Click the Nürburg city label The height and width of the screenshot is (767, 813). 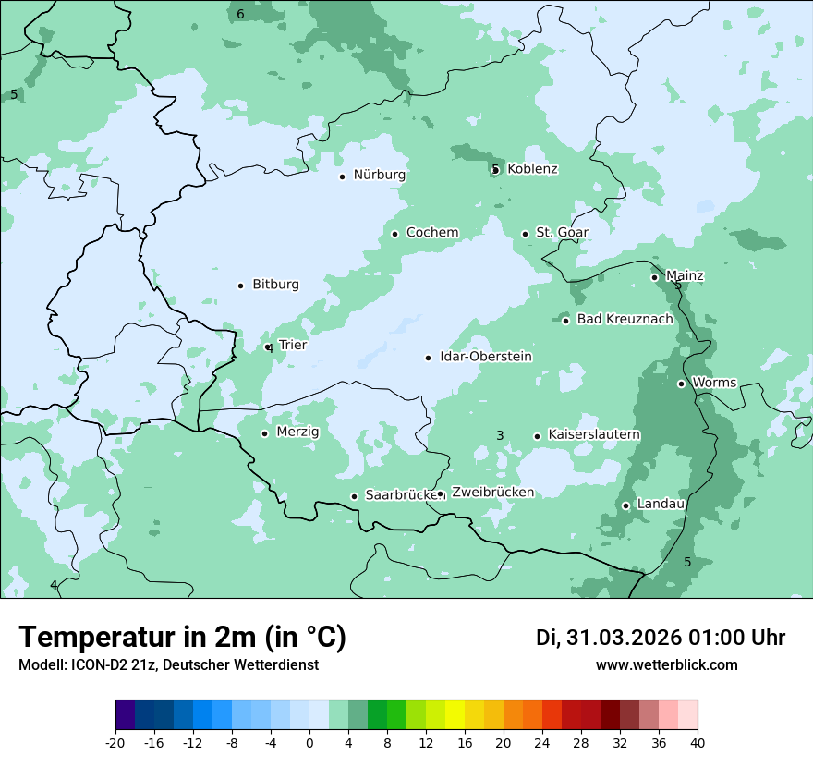point(379,175)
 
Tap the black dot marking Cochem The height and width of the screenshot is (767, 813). point(394,234)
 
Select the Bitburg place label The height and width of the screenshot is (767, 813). point(275,285)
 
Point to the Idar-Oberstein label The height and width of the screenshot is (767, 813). point(485,357)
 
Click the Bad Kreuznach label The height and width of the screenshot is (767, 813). point(625,319)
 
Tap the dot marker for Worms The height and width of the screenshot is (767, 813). point(681,383)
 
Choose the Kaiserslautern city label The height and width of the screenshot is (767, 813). point(593,434)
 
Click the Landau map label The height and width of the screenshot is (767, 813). point(660,504)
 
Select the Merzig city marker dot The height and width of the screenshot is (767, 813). point(264,433)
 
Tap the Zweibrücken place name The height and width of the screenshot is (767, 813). point(492,493)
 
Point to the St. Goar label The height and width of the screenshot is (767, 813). point(562,233)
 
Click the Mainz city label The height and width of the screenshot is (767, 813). point(684,276)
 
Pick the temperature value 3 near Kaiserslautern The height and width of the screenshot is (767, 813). point(500,435)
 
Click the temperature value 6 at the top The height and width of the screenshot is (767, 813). point(240,14)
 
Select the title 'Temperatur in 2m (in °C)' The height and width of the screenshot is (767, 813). point(182,637)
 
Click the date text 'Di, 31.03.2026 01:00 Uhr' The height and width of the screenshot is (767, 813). point(661,638)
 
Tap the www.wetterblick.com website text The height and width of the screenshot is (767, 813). point(666,664)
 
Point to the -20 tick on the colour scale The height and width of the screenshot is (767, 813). point(115,742)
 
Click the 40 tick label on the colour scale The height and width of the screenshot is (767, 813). point(698,742)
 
